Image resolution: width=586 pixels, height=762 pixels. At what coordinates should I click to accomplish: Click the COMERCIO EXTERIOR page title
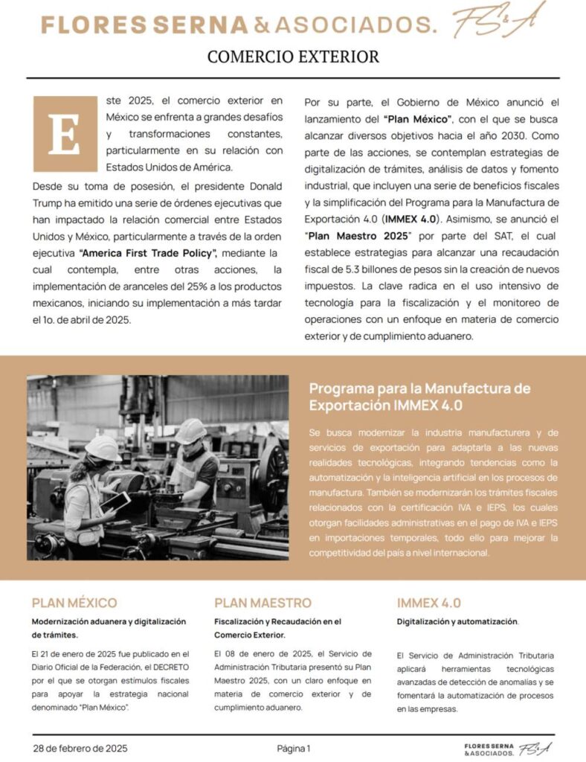tap(293, 57)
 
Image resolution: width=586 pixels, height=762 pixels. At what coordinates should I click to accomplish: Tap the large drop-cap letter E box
tap(65, 134)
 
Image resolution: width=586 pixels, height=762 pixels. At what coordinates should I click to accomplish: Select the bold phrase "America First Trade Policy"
tap(148, 254)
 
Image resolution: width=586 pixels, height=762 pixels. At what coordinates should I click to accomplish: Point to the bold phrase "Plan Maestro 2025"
tap(358, 235)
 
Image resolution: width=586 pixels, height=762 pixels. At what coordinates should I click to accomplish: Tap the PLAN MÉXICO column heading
tap(74, 603)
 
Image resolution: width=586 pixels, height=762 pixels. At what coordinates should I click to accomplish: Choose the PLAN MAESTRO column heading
tap(263, 603)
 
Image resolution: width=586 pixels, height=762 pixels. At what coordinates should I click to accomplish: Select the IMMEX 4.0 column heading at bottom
tap(428, 603)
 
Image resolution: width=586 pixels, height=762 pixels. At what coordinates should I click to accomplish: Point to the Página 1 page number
tap(293, 748)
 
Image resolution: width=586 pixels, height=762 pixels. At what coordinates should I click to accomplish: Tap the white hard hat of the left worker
tap(102, 446)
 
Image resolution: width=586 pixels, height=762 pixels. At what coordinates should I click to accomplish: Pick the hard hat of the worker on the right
tap(191, 430)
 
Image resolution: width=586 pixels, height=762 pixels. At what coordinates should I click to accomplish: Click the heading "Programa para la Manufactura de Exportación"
tap(420, 397)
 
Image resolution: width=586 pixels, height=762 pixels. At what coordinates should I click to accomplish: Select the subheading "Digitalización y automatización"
tap(457, 621)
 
